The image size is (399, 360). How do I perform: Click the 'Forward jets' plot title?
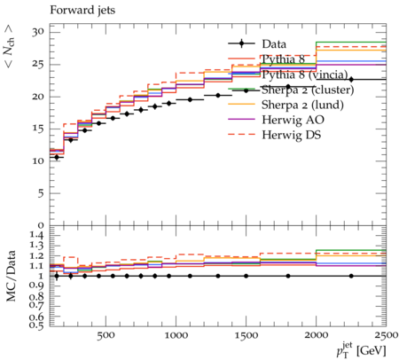(82, 10)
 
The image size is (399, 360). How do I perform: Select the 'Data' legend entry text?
(274, 44)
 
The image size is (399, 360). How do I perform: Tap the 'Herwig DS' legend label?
(292, 135)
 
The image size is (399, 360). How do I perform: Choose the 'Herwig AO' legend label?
(293, 120)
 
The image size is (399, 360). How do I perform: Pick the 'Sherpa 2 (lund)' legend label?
(302, 105)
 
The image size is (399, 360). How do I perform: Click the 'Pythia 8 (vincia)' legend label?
(305, 74)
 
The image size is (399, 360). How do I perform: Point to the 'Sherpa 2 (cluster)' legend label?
(308, 90)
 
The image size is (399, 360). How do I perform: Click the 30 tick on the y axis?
(38, 32)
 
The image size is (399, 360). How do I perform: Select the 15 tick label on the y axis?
(38, 129)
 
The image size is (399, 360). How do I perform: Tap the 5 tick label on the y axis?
(41, 193)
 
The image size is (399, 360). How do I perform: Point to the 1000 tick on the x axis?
(176, 335)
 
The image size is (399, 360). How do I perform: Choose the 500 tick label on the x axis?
(106, 335)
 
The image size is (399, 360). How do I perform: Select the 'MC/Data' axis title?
(11, 276)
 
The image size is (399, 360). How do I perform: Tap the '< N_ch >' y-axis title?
(10, 46)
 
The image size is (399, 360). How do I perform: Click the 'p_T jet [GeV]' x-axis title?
(361, 350)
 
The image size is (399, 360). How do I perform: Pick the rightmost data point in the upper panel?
(351, 80)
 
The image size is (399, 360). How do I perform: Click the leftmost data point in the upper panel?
(57, 158)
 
